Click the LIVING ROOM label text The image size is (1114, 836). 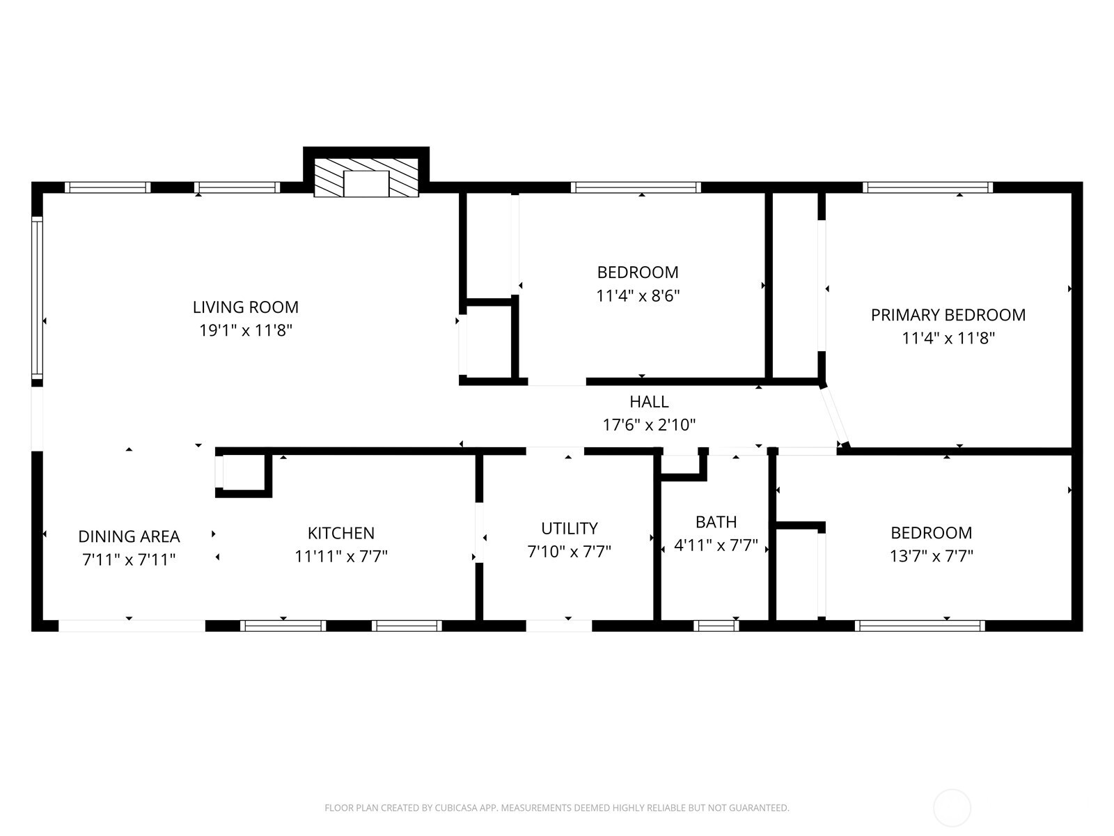point(245,307)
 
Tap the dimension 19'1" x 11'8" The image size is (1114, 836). point(245,330)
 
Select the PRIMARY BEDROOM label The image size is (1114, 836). point(948,315)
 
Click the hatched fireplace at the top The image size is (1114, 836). point(366,177)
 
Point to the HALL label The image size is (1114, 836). point(649,401)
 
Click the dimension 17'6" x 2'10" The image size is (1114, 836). point(649,424)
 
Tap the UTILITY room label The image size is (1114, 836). point(569,528)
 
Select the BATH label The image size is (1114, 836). point(716,522)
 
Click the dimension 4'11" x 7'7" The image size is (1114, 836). point(716,545)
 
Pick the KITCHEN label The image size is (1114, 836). point(340,533)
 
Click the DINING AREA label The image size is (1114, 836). point(129,536)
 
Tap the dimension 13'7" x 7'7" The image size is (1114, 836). point(931,556)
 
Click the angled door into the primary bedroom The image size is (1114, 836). point(833,417)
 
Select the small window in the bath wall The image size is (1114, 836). point(716,626)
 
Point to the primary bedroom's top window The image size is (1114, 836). point(927,187)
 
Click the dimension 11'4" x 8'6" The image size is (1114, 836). point(637,295)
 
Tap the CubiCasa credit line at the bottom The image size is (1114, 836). point(556,808)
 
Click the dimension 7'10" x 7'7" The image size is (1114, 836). point(569,552)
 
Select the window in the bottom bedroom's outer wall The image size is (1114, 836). point(919,626)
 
